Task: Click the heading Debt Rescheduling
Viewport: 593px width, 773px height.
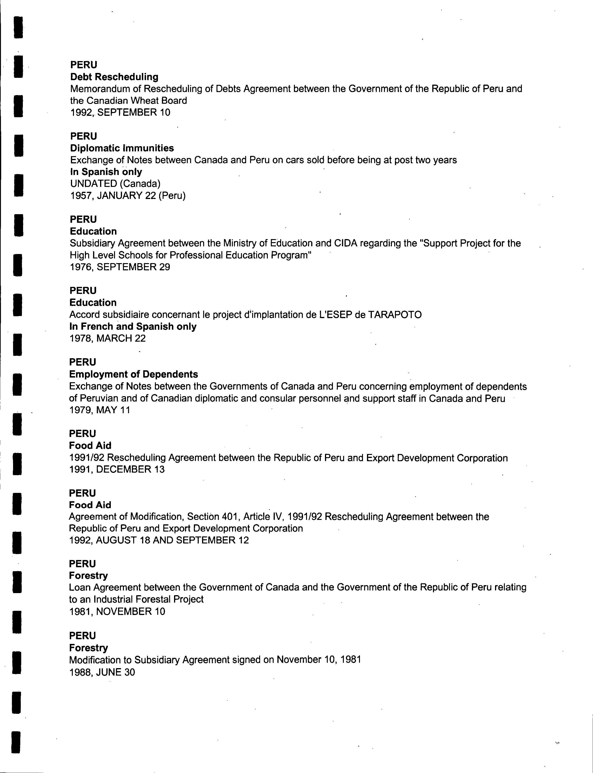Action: point(114,77)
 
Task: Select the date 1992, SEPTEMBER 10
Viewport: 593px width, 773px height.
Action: point(120,113)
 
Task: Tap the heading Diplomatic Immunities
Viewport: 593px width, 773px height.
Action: point(122,148)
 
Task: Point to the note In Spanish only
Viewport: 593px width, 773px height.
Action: point(106,172)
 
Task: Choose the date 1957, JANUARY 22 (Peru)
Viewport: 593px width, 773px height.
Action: point(128,196)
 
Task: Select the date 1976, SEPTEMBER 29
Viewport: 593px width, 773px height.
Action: point(120,267)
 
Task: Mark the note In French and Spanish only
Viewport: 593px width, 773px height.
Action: point(133,326)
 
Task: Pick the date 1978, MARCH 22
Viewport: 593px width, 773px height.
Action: point(107,339)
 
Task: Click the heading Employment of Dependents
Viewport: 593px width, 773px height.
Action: point(133,374)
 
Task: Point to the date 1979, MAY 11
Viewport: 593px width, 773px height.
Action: point(100,410)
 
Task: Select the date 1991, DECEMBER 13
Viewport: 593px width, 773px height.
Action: point(117,469)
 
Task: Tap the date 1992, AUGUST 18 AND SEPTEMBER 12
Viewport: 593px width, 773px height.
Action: point(159,540)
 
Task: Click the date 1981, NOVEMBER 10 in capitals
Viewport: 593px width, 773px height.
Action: point(117,612)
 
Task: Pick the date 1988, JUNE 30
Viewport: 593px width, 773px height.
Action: point(102,672)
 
